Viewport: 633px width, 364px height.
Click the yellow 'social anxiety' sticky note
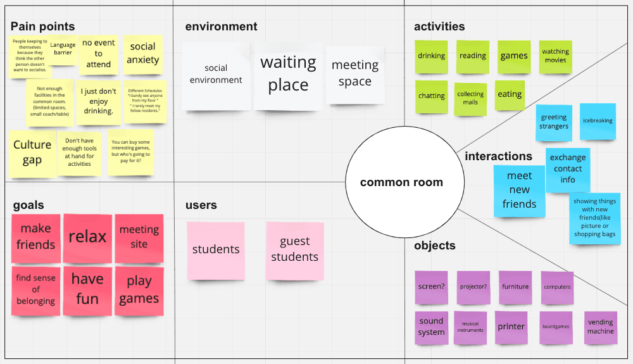(x=142, y=54)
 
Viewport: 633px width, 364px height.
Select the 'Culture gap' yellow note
(x=32, y=153)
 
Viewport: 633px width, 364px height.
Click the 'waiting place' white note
(x=288, y=74)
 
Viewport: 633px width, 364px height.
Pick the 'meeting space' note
(x=355, y=74)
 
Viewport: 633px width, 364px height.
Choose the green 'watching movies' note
(x=555, y=56)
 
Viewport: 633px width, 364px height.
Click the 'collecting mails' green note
(x=470, y=98)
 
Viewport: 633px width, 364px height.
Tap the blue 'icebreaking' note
(x=598, y=122)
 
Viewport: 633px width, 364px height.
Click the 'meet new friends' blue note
(x=519, y=191)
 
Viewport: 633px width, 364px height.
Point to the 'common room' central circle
(x=401, y=182)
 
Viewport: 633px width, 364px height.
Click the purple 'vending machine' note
(x=600, y=327)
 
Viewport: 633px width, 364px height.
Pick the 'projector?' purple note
(x=473, y=287)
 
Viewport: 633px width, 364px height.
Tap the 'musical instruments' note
(x=470, y=327)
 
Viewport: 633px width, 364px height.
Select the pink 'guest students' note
(x=294, y=250)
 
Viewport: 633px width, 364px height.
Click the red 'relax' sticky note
(x=87, y=237)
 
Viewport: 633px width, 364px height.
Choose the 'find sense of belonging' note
(x=36, y=290)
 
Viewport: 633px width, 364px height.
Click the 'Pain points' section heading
(x=42, y=27)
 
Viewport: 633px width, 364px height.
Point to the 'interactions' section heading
(x=498, y=156)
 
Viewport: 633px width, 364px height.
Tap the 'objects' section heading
(x=434, y=246)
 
